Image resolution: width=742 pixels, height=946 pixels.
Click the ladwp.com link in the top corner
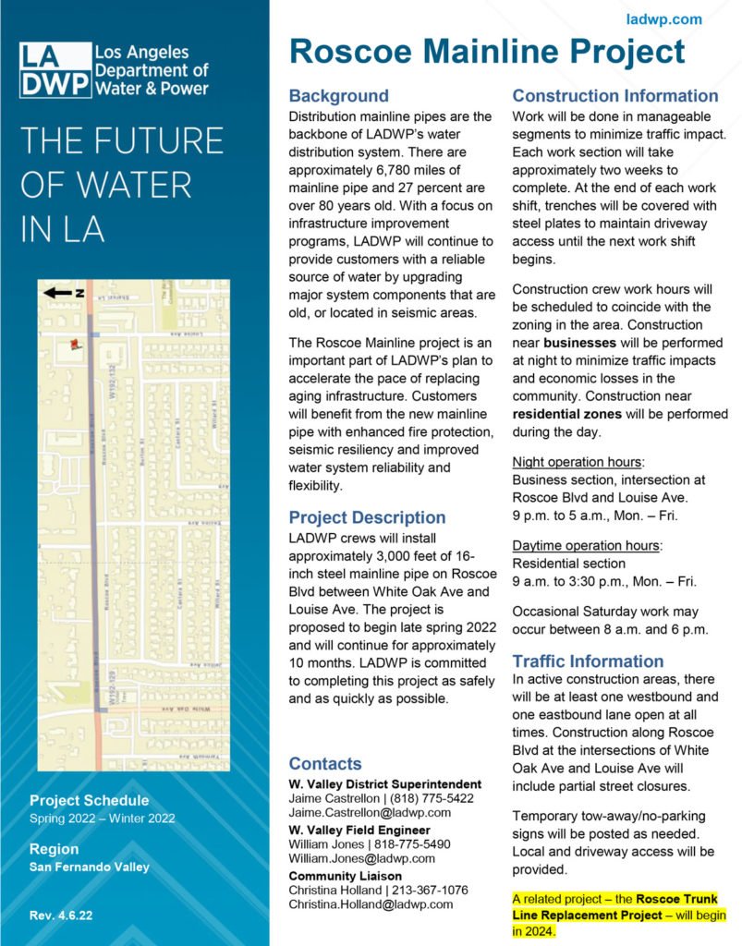pos(663,19)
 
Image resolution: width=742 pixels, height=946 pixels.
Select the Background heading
pos(338,96)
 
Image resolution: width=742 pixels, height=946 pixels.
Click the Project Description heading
pos(367,517)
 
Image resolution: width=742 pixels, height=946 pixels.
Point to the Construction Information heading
pos(615,96)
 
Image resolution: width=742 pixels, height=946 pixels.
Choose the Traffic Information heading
pos(588,661)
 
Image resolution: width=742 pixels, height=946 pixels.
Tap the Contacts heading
pos(325,764)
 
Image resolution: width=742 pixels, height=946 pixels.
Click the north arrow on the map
pos(62,293)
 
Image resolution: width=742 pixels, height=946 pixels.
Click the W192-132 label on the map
pos(112,381)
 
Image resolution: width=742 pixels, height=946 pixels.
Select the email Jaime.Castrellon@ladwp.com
pos(370,812)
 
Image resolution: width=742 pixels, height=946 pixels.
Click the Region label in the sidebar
pos(54,849)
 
